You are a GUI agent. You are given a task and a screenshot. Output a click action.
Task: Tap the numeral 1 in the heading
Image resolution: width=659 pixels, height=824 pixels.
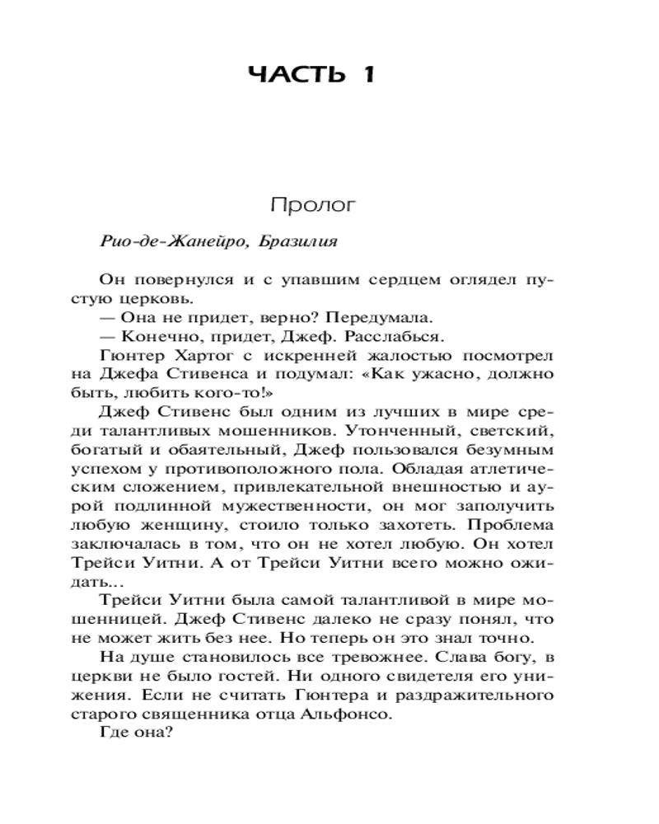point(367,75)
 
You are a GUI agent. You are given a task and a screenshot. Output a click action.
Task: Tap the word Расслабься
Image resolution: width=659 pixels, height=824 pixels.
point(399,337)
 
